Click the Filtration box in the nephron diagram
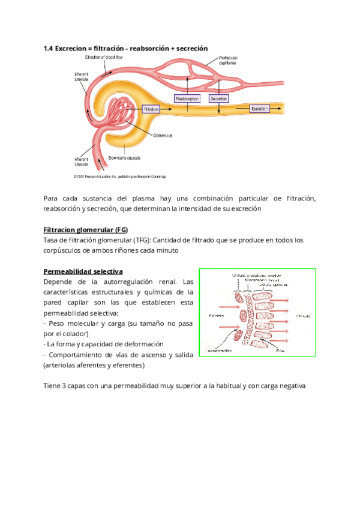click(x=151, y=109)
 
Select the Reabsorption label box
click(x=187, y=98)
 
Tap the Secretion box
click(x=218, y=98)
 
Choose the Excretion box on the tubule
click(x=259, y=109)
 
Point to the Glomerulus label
click(x=163, y=136)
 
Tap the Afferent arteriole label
click(x=81, y=161)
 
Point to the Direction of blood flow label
click(x=104, y=57)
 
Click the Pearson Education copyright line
click(x=119, y=176)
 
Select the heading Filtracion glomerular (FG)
click(x=86, y=230)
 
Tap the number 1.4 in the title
click(x=49, y=48)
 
